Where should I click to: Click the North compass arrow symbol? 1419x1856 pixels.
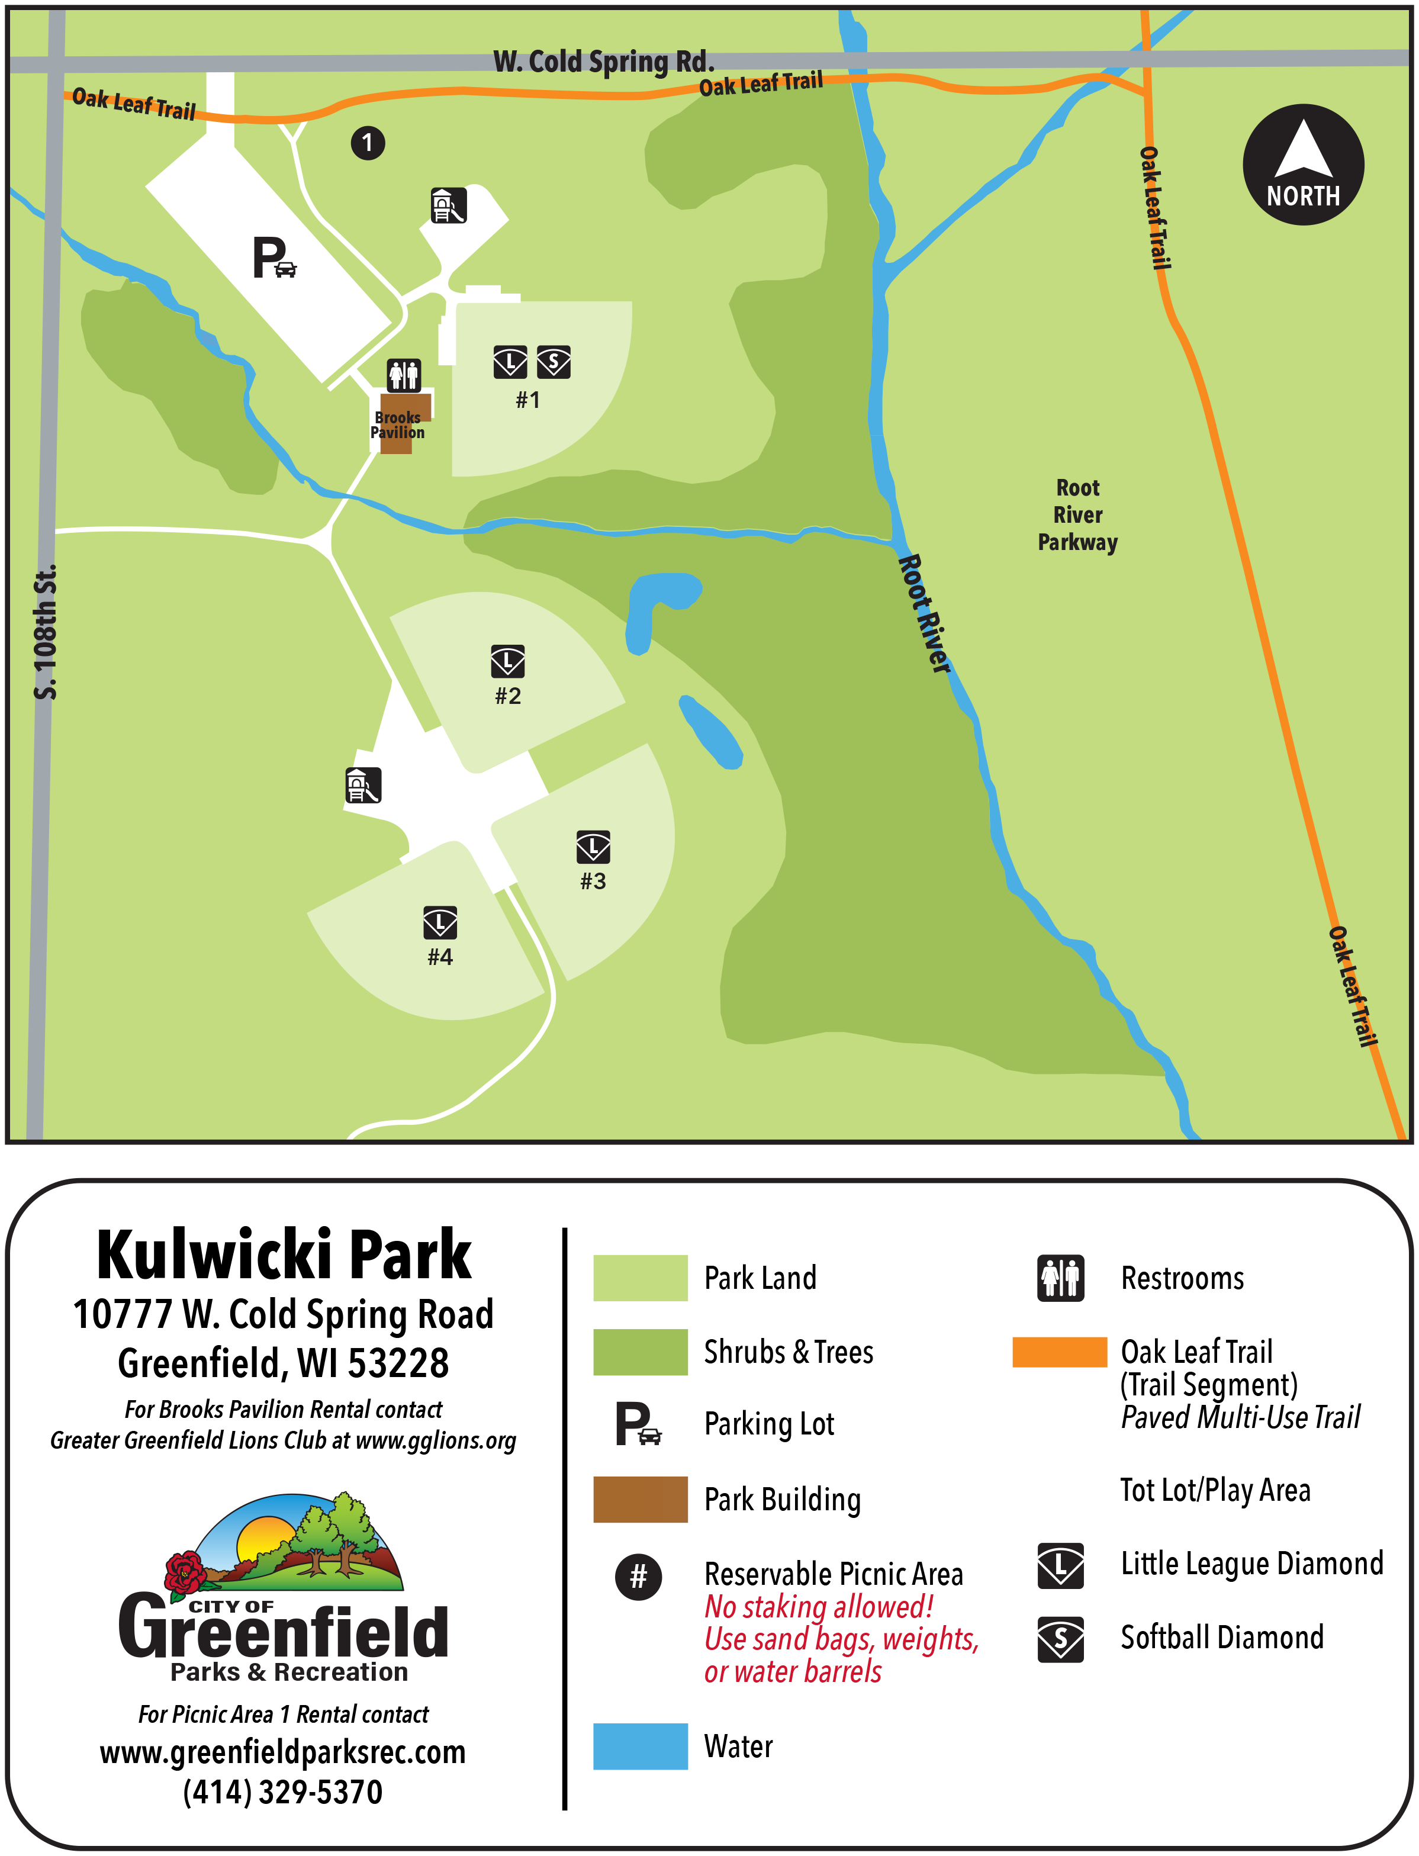click(x=1302, y=152)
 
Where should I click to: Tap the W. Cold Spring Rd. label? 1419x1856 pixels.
click(x=603, y=61)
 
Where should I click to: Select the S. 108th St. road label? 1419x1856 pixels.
click(x=46, y=632)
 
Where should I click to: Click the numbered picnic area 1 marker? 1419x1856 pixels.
click(x=368, y=143)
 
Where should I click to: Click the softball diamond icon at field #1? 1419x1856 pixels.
click(x=554, y=362)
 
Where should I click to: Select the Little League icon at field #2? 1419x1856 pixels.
click(x=507, y=661)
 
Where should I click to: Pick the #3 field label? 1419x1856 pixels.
click(x=593, y=881)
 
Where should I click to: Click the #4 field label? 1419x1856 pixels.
click(x=440, y=956)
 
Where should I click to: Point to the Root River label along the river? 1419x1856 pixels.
click(x=924, y=613)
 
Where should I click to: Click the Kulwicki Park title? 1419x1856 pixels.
click(x=284, y=1256)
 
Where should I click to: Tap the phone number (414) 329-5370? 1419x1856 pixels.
click(x=283, y=1791)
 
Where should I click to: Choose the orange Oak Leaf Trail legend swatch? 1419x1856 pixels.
click(x=1058, y=1352)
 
